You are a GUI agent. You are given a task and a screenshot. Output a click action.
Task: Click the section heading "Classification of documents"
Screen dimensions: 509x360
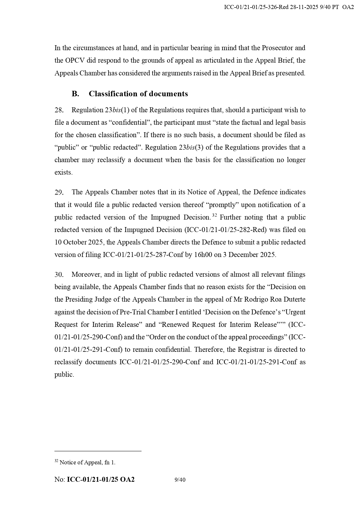(138, 94)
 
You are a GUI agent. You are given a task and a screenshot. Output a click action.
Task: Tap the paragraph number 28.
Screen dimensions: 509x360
(59, 110)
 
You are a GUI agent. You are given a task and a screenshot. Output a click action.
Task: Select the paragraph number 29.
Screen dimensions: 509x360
(59, 192)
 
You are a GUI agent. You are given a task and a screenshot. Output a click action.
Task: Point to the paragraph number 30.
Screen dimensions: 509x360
(59, 275)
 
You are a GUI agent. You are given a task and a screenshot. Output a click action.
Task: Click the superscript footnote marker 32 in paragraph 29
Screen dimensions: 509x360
(215, 215)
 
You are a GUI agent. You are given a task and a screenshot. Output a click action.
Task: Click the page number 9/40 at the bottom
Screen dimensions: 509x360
(180, 480)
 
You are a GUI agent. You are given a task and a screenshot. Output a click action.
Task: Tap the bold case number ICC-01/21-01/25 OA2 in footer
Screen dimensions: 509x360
(101, 480)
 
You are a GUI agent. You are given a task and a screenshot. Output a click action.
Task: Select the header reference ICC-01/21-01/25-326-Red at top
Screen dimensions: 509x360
(256, 7)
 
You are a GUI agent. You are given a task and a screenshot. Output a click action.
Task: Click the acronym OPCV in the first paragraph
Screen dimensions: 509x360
(68, 60)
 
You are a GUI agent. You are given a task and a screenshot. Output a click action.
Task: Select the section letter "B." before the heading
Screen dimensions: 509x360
(75, 94)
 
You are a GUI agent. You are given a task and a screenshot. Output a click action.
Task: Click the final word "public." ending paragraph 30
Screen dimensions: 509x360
(64, 375)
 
